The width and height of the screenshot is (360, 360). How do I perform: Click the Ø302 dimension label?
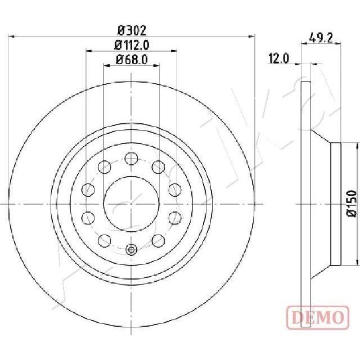[132, 30]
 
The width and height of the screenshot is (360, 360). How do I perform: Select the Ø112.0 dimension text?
[132, 45]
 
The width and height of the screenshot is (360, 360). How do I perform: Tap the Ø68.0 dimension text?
[132, 60]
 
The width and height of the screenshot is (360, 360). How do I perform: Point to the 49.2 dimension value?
[321, 38]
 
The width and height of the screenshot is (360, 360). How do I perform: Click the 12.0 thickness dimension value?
[278, 58]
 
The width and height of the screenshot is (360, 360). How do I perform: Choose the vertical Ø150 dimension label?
[352, 204]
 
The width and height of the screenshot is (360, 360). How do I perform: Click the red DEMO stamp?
[318, 317]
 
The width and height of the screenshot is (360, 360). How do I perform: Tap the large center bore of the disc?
[131, 204]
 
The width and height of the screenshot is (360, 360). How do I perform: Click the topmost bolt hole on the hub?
[131, 159]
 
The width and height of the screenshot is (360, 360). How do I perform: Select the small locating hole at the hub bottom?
[131, 249]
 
